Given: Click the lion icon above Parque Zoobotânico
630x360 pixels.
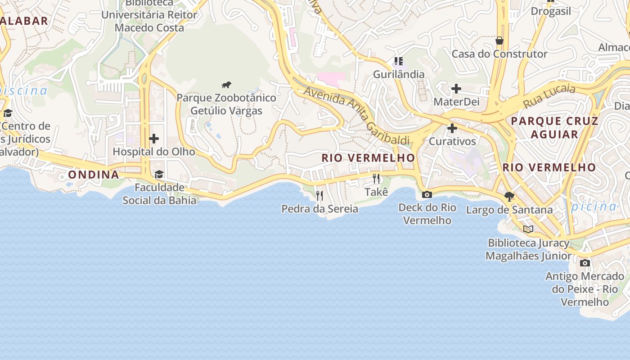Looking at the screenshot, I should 226,85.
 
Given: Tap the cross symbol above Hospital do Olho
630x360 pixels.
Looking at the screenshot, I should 154,138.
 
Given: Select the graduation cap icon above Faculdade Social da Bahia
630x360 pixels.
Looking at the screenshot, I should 159,174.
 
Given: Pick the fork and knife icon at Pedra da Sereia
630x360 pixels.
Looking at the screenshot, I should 319,195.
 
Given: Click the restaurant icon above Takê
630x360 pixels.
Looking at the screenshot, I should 376,179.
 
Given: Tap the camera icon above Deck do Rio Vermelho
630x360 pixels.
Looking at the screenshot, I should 427,194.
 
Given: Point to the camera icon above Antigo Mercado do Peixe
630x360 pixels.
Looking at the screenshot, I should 585,263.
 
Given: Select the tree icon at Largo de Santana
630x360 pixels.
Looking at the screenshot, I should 509,196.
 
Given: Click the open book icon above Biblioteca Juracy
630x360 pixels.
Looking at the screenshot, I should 528,229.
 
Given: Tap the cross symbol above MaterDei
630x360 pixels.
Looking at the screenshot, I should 456,89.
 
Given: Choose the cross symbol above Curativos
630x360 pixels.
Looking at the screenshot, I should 452,128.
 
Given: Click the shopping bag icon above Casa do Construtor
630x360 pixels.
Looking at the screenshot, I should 499,41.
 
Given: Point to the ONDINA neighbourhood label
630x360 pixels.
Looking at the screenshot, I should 94,175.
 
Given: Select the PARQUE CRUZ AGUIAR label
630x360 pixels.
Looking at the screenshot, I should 554,127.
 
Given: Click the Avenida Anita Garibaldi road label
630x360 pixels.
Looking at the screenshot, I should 357,115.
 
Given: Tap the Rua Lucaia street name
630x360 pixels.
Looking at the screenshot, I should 549,96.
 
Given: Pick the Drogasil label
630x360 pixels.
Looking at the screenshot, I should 551,11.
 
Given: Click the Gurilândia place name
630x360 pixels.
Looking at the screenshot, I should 399,74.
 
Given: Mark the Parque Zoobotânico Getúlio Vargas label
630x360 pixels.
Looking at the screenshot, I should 226,104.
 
